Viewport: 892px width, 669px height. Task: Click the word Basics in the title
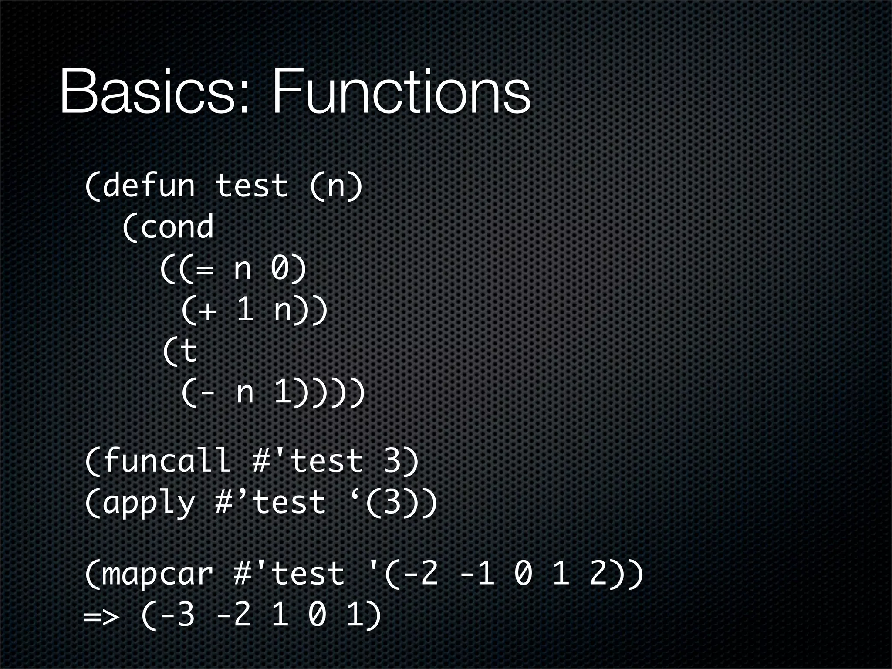point(148,92)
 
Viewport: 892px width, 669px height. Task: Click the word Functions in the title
point(401,92)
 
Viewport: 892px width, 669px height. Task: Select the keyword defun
point(149,185)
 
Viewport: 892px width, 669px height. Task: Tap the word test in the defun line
point(252,185)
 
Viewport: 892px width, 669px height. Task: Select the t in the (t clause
point(188,351)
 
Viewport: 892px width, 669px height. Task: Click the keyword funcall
point(167,460)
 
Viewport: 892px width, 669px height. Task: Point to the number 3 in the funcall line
point(392,460)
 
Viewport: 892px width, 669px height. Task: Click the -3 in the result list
point(177,615)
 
